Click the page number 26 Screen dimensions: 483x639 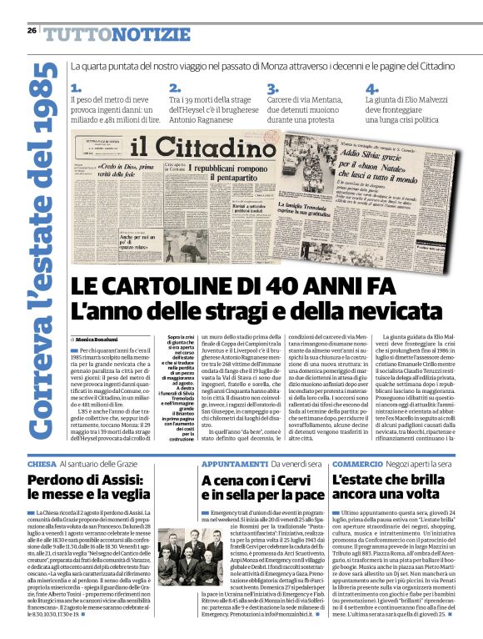[x=32, y=30]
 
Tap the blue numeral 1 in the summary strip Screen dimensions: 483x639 [x=76, y=88]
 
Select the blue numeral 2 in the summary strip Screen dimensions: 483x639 [x=174, y=88]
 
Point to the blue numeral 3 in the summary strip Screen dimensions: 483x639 [x=271, y=88]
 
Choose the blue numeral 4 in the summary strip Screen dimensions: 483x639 [x=371, y=88]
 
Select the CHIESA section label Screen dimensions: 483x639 [x=42, y=463]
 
